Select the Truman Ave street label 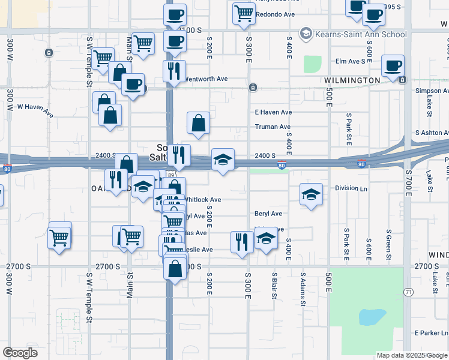coord(273,127)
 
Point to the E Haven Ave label coord(273,112)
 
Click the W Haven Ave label coord(35,107)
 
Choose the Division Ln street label coord(351,188)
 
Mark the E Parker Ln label coord(431,333)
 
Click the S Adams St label coord(303,288)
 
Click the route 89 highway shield coord(172,175)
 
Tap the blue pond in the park coord(372,317)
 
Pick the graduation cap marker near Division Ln coord(311,194)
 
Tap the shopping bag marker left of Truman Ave coord(199,123)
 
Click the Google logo coord(20,353)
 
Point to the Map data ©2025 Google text coord(411,355)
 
